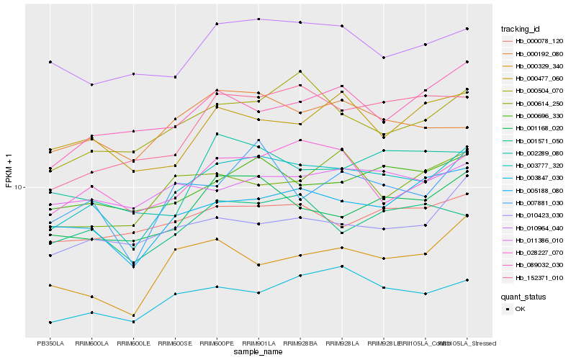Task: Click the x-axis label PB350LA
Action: pos(50,343)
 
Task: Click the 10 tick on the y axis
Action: pos(19,187)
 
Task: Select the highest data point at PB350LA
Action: pos(50,62)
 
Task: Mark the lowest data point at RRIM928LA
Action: pos(342,266)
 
